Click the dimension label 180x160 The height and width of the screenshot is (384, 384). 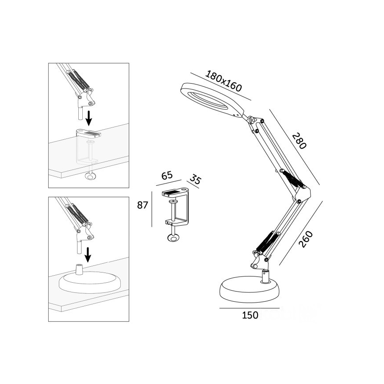(223, 81)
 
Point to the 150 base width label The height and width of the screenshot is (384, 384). (250, 315)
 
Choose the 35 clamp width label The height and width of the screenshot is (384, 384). (195, 180)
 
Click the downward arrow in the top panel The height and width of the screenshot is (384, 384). (89, 118)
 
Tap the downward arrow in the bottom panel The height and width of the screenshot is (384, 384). (88, 255)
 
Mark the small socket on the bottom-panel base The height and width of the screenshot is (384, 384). (80, 269)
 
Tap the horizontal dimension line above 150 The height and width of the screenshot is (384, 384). (250, 308)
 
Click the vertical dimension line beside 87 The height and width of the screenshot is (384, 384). (151, 208)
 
